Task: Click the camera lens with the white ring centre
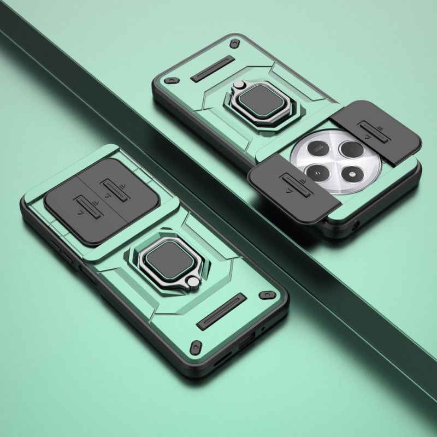[316, 174]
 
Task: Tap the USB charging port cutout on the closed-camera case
[245, 344]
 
